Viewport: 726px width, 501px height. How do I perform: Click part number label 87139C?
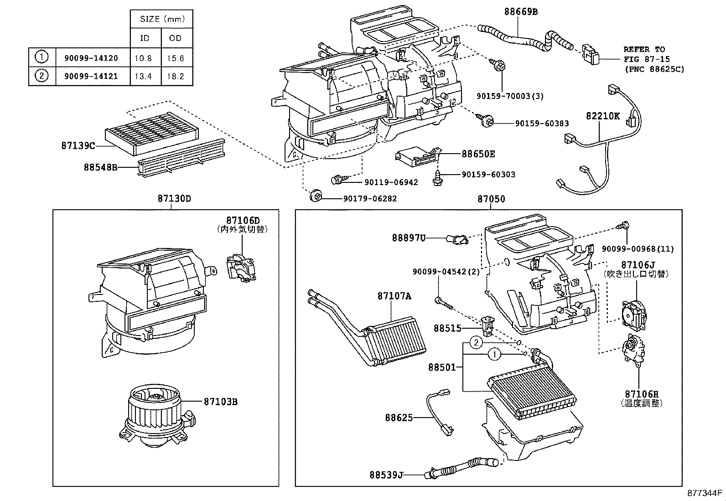tap(78, 146)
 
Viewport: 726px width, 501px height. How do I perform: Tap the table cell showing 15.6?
tap(175, 58)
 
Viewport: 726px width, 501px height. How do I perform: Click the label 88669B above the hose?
tap(520, 12)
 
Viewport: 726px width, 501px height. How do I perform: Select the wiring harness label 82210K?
tap(602, 116)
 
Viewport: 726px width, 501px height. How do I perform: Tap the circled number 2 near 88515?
tap(476, 342)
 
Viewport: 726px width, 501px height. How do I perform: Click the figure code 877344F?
tap(705, 493)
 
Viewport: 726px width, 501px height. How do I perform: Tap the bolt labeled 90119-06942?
tap(339, 180)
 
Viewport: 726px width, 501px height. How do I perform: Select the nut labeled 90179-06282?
tap(315, 197)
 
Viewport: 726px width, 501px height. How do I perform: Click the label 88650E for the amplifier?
tap(478, 154)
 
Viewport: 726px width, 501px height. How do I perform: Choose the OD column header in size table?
tap(175, 38)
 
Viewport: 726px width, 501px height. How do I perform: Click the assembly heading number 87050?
tap(491, 199)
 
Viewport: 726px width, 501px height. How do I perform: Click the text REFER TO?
tap(644, 49)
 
